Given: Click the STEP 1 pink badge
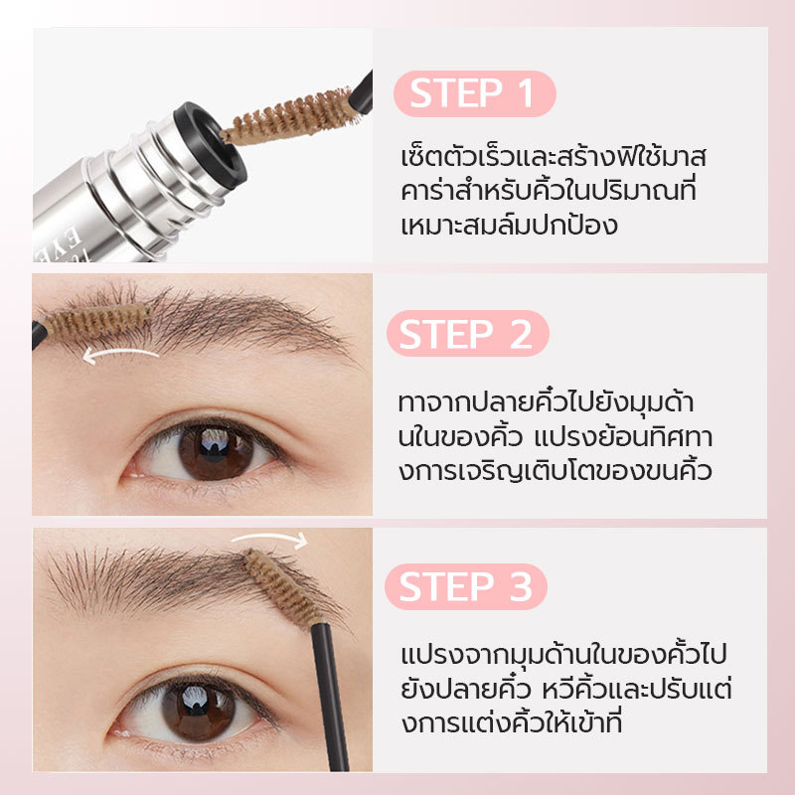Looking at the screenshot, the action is [475, 93].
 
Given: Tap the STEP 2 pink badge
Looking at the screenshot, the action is [468, 334].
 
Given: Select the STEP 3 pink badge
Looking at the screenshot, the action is [466, 586].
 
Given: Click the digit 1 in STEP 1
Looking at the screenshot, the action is [526, 93].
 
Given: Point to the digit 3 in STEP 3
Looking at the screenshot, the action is [520, 586].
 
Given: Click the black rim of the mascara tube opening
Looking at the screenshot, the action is [211, 144].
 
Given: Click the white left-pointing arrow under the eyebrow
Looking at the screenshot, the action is [120, 355].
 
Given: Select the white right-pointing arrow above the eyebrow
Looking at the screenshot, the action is [270, 538].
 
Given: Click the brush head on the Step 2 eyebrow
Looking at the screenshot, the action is [97, 322].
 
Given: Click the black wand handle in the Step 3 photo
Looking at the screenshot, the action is [331, 698].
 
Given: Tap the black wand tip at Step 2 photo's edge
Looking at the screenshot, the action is [39, 334].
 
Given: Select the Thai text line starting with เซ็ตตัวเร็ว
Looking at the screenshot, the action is [554, 157].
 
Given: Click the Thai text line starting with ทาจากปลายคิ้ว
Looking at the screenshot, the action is [546, 402].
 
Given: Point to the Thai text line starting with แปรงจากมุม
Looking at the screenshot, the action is [563, 654].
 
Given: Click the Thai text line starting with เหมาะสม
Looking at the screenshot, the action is [509, 225].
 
